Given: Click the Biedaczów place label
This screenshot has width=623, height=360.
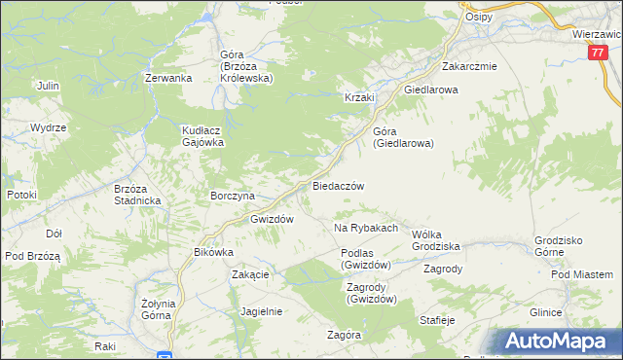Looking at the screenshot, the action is [x=338, y=185].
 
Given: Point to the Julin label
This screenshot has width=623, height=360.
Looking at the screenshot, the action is [x=48, y=86].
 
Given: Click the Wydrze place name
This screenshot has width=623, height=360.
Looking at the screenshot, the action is [x=48, y=127].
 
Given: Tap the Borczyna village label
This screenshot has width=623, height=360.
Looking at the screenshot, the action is [x=233, y=196].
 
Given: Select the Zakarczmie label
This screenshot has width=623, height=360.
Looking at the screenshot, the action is [x=469, y=67].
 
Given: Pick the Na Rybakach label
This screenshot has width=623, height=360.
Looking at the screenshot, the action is [x=366, y=228].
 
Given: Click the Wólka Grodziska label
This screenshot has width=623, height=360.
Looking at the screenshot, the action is [x=435, y=240].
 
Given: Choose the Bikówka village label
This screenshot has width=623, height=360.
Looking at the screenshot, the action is [x=214, y=252].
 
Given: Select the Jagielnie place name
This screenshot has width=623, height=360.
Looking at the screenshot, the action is [x=261, y=311].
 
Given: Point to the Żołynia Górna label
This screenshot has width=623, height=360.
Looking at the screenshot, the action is [x=158, y=310].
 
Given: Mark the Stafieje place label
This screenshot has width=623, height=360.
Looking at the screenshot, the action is [x=437, y=319].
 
